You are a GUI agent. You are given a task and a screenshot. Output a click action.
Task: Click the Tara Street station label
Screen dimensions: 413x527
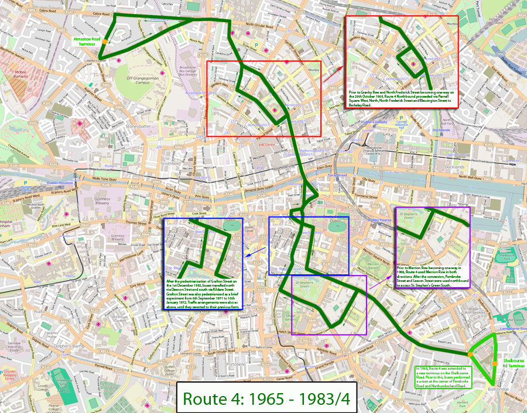pos(338,175)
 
